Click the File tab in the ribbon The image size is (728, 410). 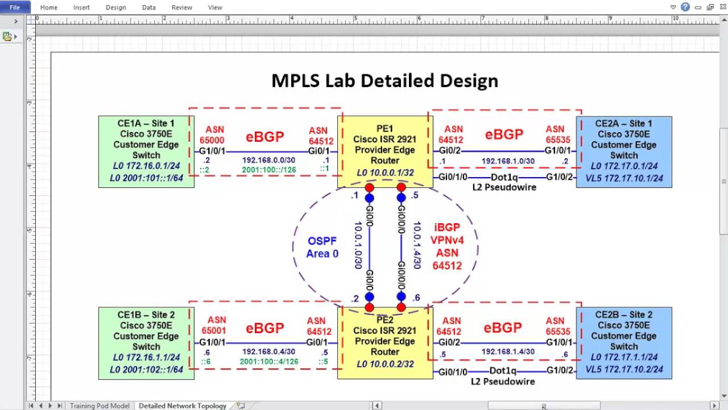(14, 7)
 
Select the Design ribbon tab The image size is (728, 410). (116, 7)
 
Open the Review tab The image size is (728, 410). (182, 7)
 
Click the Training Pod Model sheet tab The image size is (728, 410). (100, 406)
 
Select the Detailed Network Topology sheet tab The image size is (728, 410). (183, 406)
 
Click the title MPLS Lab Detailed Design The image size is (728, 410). (384, 81)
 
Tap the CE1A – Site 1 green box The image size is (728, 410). (146, 151)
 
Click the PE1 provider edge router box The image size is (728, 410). (385, 151)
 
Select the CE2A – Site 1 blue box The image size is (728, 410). (624, 151)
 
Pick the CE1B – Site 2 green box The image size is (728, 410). (146, 343)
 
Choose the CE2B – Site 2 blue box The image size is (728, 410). (624, 343)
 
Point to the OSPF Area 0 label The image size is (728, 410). (322, 247)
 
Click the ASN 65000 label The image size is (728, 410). (212, 134)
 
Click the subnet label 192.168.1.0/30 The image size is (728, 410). (508, 161)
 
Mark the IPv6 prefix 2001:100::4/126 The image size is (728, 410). (269, 362)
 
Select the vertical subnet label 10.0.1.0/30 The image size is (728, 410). (358, 245)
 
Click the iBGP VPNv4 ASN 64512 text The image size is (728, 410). (447, 247)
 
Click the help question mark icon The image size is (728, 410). (685, 7)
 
